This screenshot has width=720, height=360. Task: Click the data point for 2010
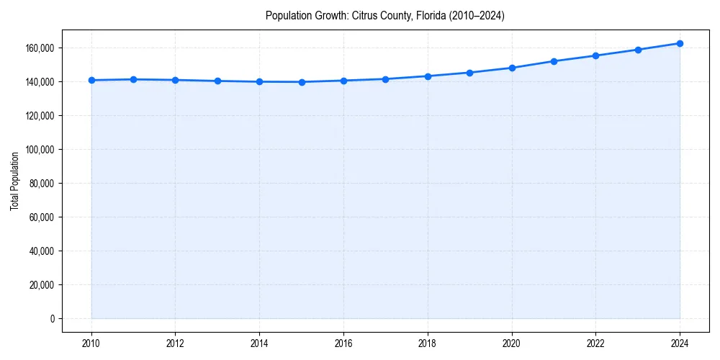pyautogui.click(x=91, y=80)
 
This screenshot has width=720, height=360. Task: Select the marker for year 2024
pyautogui.click(x=680, y=43)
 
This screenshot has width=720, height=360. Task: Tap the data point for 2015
pyautogui.click(x=302, y=82)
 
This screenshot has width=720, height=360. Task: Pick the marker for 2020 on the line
pyautogui.click(x=512, y=68)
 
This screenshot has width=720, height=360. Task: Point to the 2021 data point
pyautogui.click(x=554, y=61)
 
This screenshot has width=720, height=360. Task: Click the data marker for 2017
pyautogui.click(x=386, y=79)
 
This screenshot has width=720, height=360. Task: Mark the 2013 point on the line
pyautogui.click(x=217, y=81)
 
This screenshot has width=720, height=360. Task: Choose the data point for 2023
pyautogui.click(x=638, y=50)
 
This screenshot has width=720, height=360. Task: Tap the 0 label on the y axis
pyautogui.click(x=52, y=319)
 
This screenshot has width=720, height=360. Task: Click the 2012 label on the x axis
pyautogui.click(x=176, y=343)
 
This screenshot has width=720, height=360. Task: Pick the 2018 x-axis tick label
pyautogui.click(x=428, y=343)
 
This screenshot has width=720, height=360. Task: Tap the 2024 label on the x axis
pyautogui.click(x=680, y=343)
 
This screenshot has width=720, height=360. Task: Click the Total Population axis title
pyautogui.click(x=14, y=181)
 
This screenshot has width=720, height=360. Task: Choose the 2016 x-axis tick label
pyautogui.click(x=343, y=343)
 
